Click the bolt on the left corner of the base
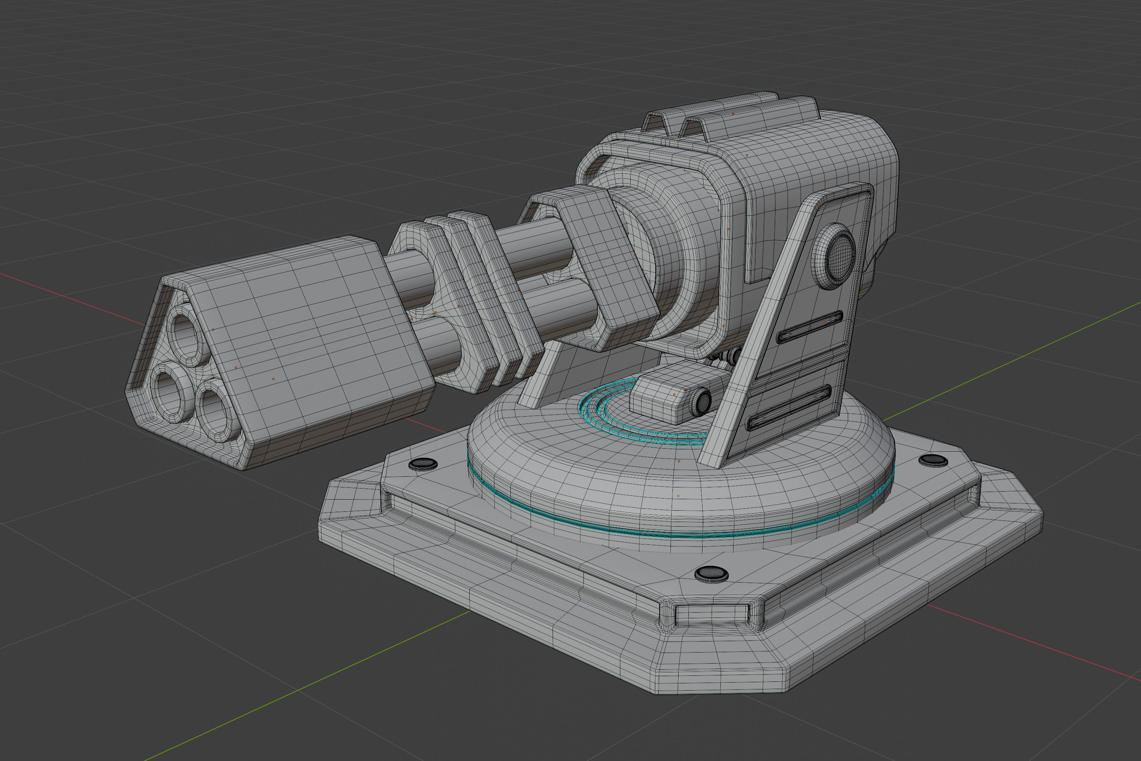tap(423, 464)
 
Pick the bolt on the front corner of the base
tap(711, 574)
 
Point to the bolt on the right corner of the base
tap(933, 460)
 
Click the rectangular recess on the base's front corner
tap(711, 615)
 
